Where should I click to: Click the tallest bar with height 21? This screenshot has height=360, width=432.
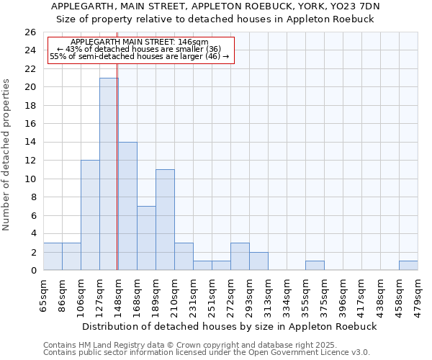point(109,174)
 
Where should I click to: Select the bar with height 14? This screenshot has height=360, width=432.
point(127,206)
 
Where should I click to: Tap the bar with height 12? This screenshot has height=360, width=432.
point(90,215)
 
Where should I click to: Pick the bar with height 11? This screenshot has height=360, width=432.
point(165,220)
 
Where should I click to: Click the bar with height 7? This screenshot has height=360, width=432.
point(146,238)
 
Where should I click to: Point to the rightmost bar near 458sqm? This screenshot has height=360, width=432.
point(408,266)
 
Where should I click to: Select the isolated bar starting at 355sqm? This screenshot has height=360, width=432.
point(315,266)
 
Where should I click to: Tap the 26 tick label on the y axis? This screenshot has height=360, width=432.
point(30,32)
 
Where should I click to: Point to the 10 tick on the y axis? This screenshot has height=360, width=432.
point(30,179)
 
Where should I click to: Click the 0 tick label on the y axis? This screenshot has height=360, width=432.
point(33,270)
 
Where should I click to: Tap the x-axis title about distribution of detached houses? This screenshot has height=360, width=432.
point(230,326)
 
